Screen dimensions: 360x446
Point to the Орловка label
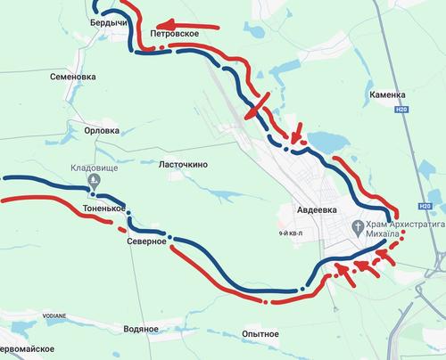(101, 130)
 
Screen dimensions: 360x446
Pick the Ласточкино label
(183, 165)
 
